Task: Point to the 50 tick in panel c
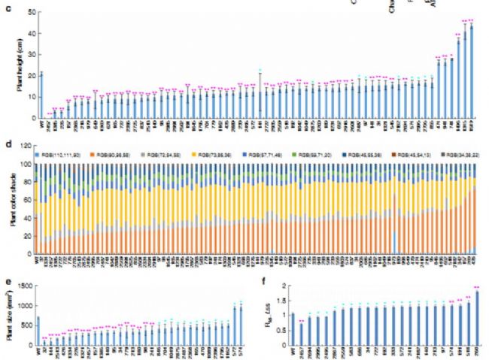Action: pyautogui.click(x=30, y=13)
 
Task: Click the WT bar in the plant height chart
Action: pyautogui.click(x=41, y=95)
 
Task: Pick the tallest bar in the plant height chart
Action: pyautogui.click(x=472, y=71)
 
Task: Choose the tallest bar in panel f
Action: pyautogui.click(x=478, y=316)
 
